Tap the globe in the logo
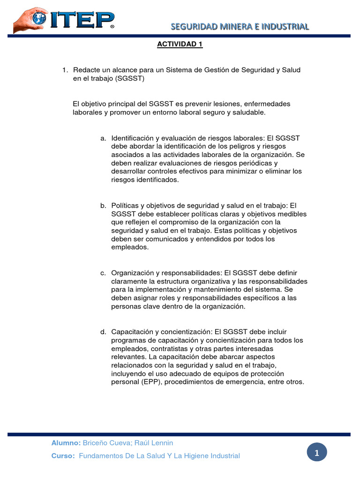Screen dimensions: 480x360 (x=38, y=18)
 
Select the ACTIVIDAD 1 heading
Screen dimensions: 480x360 (x=180, y=45)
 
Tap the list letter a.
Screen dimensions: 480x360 (x=103, y=138)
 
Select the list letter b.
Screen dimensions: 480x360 (x=103, y=205)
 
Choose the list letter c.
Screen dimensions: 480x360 (x=103, y=273)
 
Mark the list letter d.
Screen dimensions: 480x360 (x=103, y=332)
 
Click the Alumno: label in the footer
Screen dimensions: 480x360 (x=66, y=443)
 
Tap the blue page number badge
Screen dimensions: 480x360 (x=317, y=453)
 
